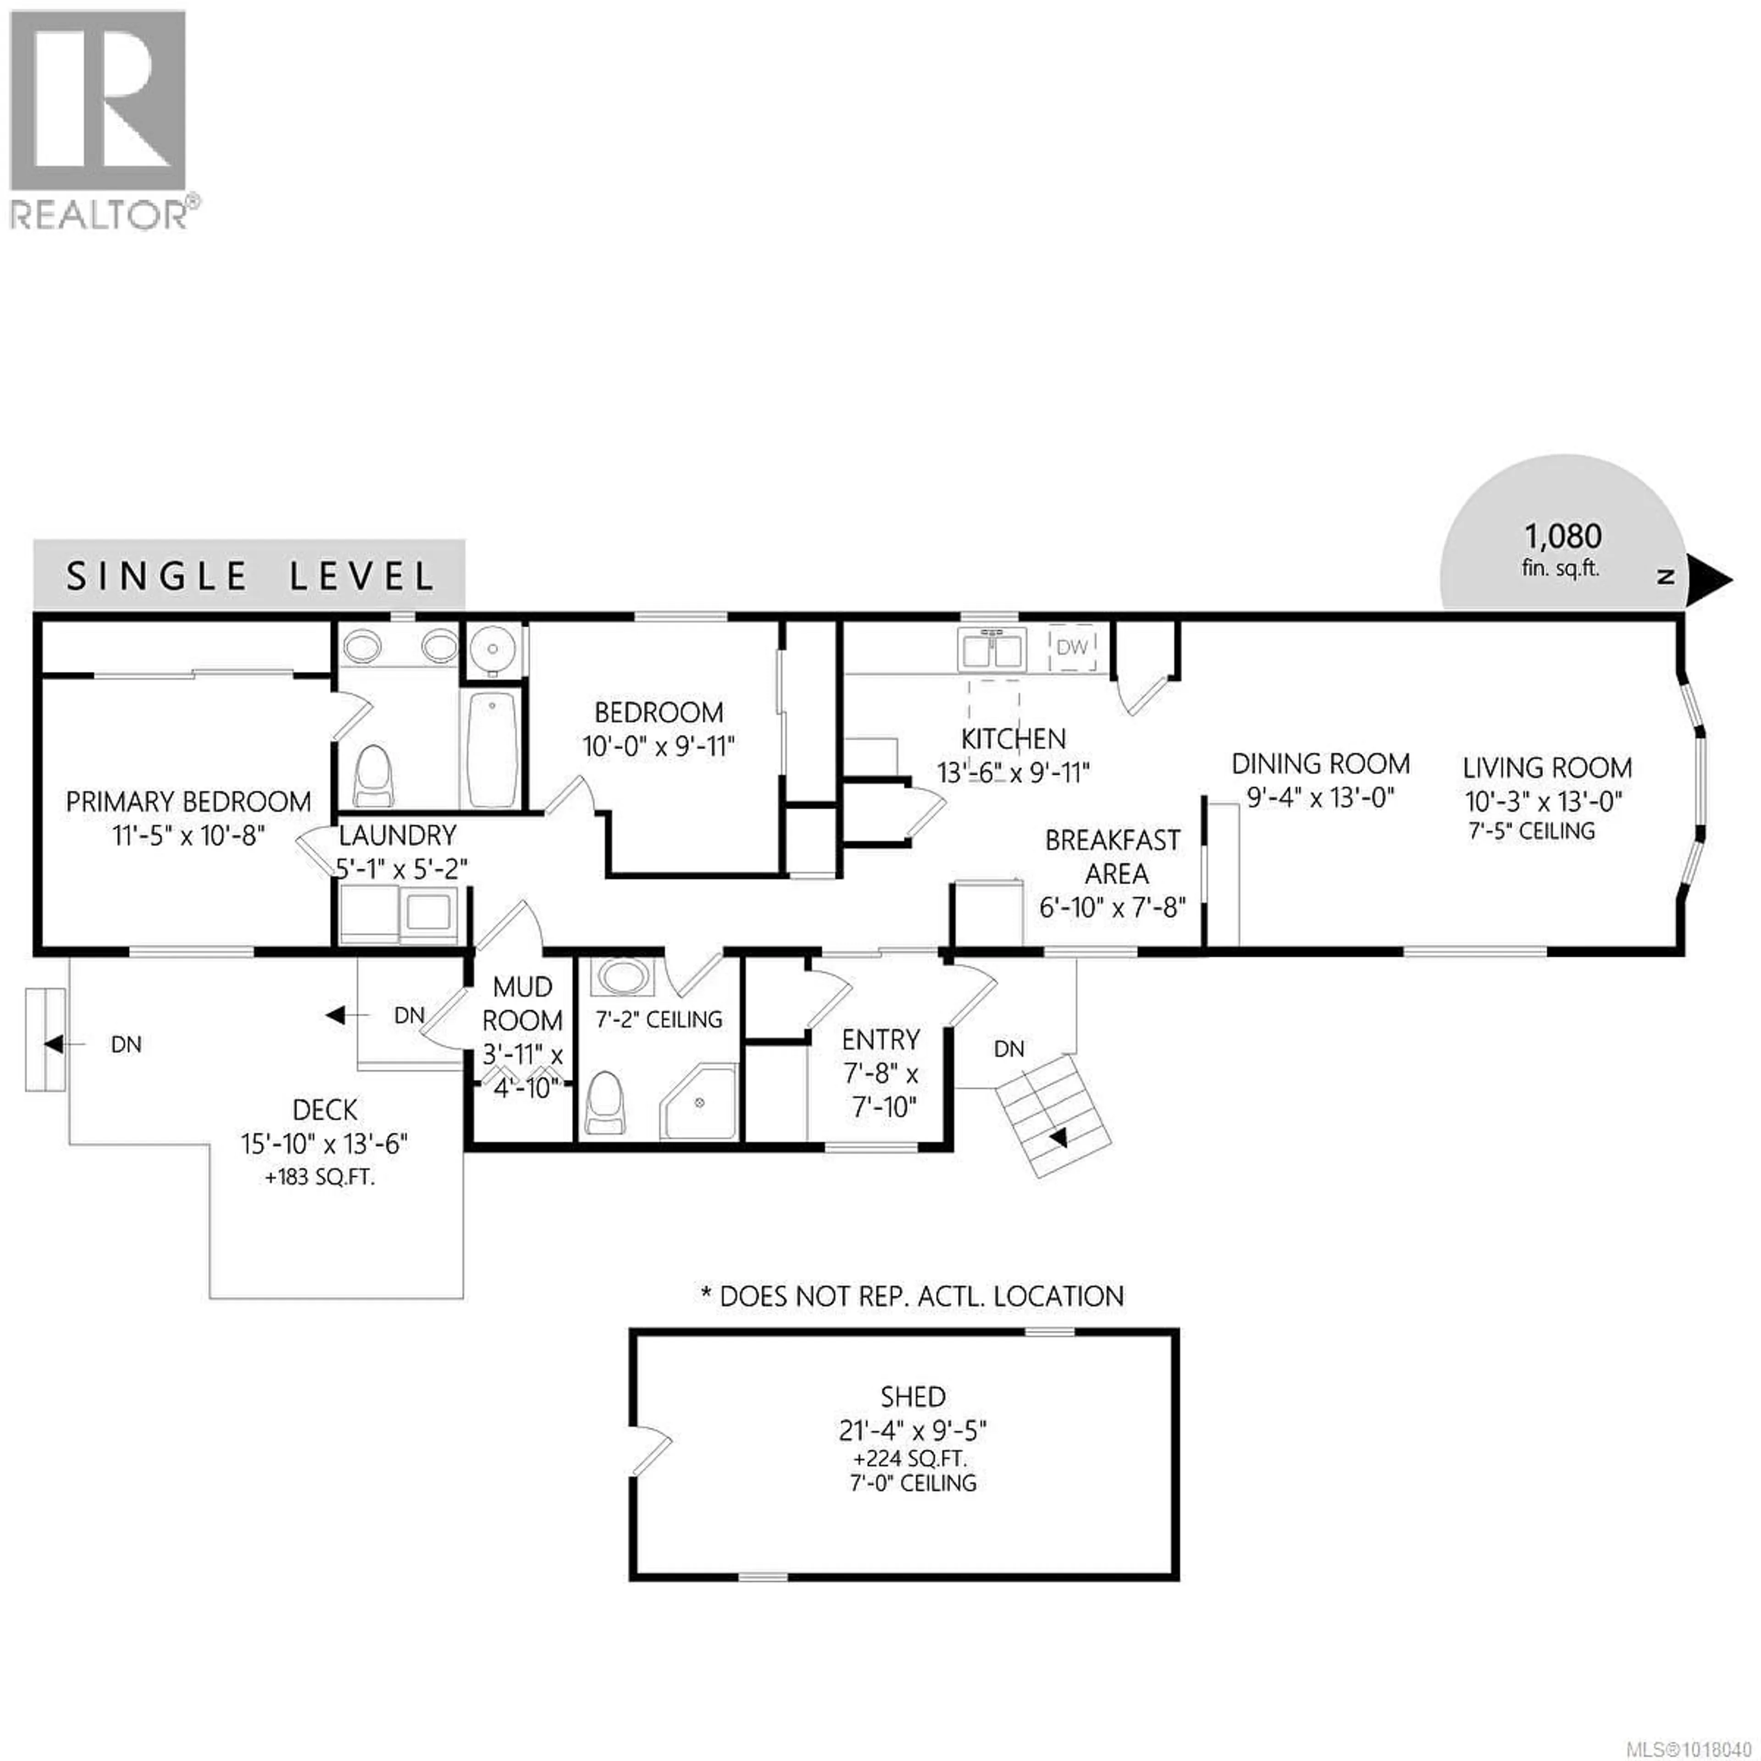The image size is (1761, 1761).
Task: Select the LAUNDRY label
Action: (398, 835)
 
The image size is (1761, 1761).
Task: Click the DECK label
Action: (326, 1109)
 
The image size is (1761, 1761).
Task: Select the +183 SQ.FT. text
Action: (320, 1177)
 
